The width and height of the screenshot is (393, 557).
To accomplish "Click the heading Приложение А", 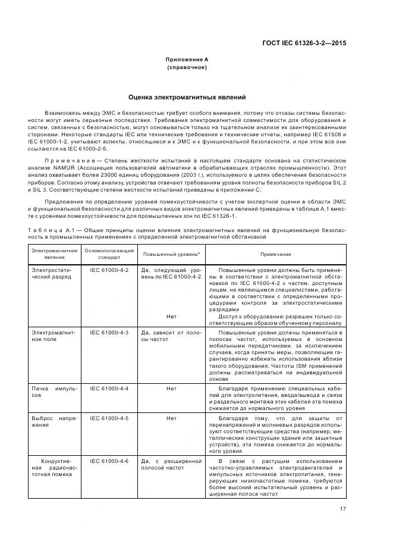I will (187, 60).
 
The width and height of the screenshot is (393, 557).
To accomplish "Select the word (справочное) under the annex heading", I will (187, 67).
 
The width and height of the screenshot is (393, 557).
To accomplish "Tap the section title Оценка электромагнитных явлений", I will (187, 97).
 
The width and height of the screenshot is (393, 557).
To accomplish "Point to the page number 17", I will (343, 508).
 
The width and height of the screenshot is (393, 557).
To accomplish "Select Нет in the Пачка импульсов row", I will (171, 388).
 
